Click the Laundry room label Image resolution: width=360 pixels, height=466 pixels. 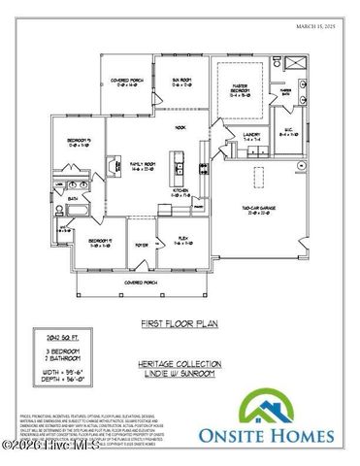click(x=252, y=137)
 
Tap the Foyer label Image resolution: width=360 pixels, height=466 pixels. click(x=142, y=245)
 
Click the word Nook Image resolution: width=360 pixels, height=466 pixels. click(x=180, y=126)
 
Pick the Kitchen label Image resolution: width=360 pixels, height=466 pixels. click(x=179, y=192)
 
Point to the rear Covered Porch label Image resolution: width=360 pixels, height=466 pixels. click(x=130, y=83)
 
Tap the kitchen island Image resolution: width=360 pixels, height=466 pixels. click(x=176, y=162)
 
